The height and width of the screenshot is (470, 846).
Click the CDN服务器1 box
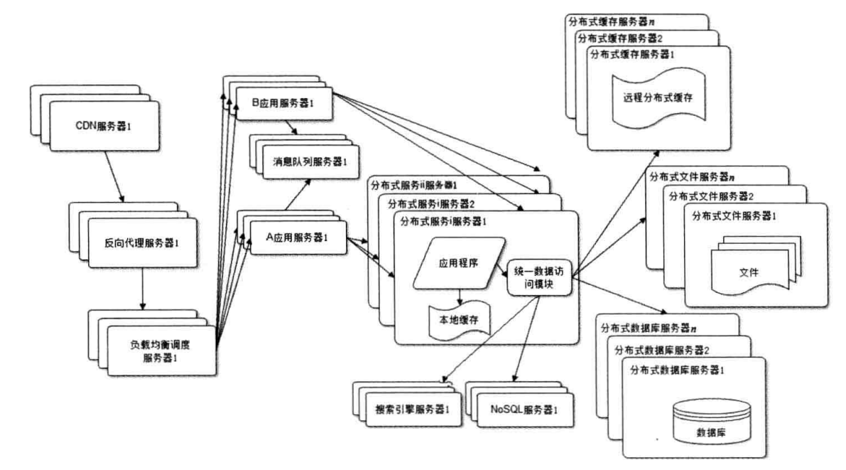[104, 125]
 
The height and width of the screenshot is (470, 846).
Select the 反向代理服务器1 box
[143, 242]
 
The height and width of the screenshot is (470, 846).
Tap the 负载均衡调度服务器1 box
[161, 350]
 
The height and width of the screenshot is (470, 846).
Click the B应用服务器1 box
[284, 103]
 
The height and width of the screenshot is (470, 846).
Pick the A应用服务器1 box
[298, 237]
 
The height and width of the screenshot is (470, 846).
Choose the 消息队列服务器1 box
[311, 161]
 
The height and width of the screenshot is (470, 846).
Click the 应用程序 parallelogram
[459, 263]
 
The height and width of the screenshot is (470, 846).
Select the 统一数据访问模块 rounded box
[539, 277]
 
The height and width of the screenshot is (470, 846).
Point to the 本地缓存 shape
[459, 321]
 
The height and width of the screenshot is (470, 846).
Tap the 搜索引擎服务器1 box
[413, 410]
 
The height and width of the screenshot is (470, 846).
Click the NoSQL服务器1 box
[525, 410]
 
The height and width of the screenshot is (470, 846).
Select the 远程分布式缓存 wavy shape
[658, 97]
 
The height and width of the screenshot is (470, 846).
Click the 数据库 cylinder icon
[712, 422]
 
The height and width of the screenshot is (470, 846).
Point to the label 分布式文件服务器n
[692, 176]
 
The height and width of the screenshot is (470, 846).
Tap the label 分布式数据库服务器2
[661, 350]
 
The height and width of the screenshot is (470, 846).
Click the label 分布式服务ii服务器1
[414, 186]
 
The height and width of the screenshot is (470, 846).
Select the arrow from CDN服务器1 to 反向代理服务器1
[114, 176]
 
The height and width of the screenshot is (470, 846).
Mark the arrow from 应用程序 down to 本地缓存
[460, 297]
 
